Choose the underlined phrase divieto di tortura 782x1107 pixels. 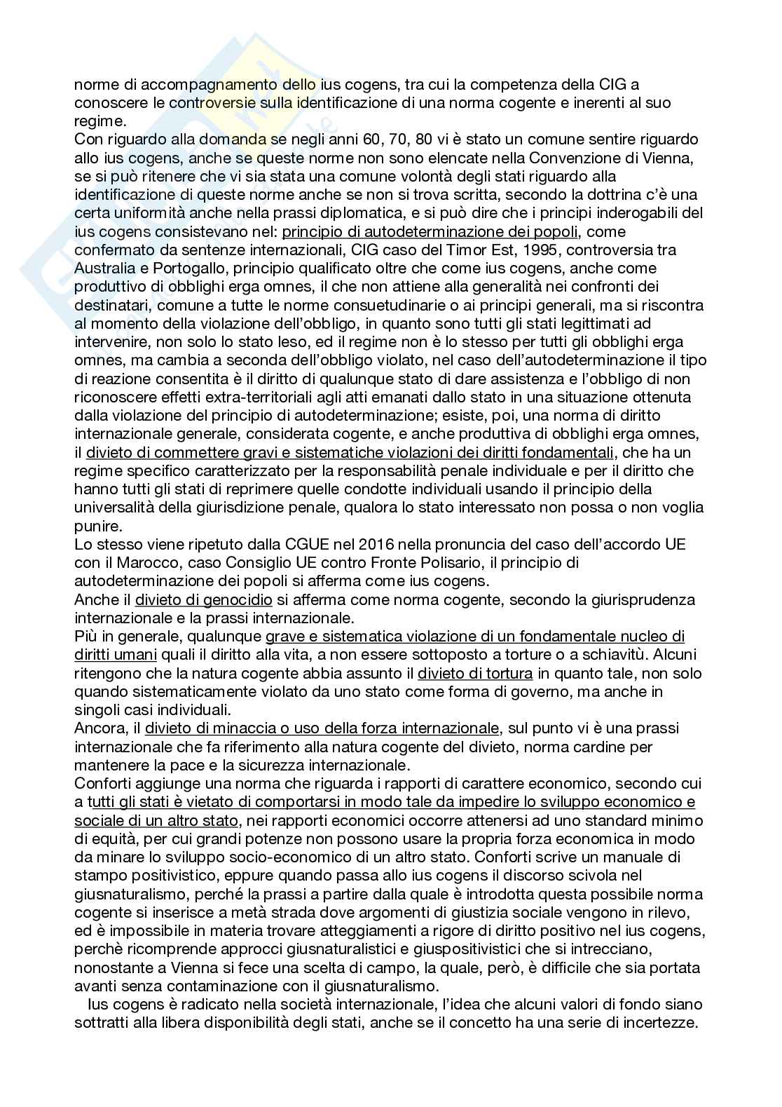[x=476, y=673]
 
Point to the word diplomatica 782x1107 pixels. [x=399, y=213]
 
